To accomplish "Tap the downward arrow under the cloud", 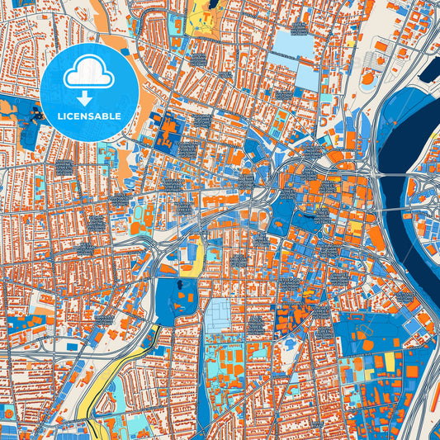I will [x=89, y=97].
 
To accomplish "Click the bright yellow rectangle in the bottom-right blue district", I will [x=390, y=361].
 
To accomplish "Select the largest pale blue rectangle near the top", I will [x=293, y=43].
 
